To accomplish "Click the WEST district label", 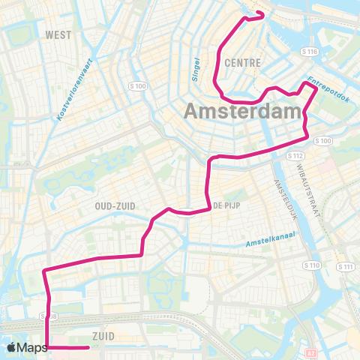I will (58, 34).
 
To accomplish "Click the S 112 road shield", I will (295, 156).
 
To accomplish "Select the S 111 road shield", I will (346, 267).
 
